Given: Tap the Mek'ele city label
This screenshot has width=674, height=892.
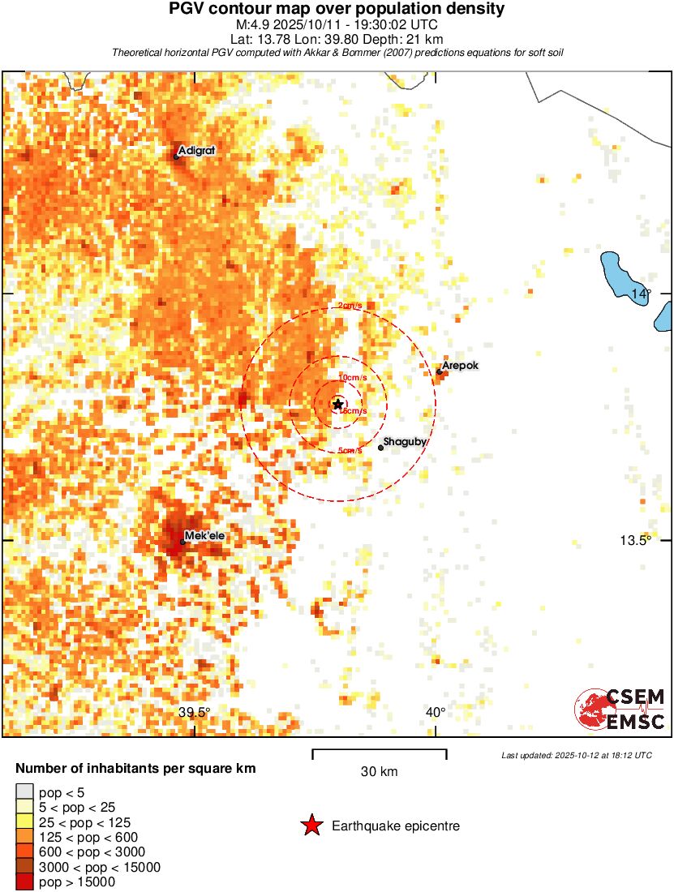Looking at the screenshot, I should click(x=202, y=536).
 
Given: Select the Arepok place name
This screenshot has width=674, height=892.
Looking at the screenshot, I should click(x=460, y=366).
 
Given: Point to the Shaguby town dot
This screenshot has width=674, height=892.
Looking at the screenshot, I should click(x=380, y=448).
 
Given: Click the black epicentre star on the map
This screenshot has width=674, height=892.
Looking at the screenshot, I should click(x=338, y=404).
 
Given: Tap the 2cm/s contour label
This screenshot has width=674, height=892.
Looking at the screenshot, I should click(x=351, y=306).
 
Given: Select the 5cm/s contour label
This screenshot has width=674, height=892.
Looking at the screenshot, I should click(x=350, y=451).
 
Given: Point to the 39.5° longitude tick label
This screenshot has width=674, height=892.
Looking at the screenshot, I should click(x=195, y=712).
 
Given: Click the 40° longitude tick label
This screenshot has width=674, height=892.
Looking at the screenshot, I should click(x=436, y=712).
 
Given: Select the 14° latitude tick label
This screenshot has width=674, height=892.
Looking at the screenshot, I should click(x=642, y=294).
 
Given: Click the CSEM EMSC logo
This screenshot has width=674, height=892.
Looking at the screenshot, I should click(x=620, y=709).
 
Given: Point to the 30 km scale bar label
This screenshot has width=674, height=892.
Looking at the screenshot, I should click(x=379, y=772).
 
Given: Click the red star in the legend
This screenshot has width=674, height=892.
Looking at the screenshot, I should click(x=311, y=826).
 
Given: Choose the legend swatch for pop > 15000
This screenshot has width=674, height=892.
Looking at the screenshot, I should click(x=24, y=882).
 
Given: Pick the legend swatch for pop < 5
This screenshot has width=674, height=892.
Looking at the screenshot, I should click(x=24, y=791).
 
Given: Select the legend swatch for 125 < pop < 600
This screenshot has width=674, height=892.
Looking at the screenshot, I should click(x=24, y=837).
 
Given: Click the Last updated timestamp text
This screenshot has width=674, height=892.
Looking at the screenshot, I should click(x=576, y=755).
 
